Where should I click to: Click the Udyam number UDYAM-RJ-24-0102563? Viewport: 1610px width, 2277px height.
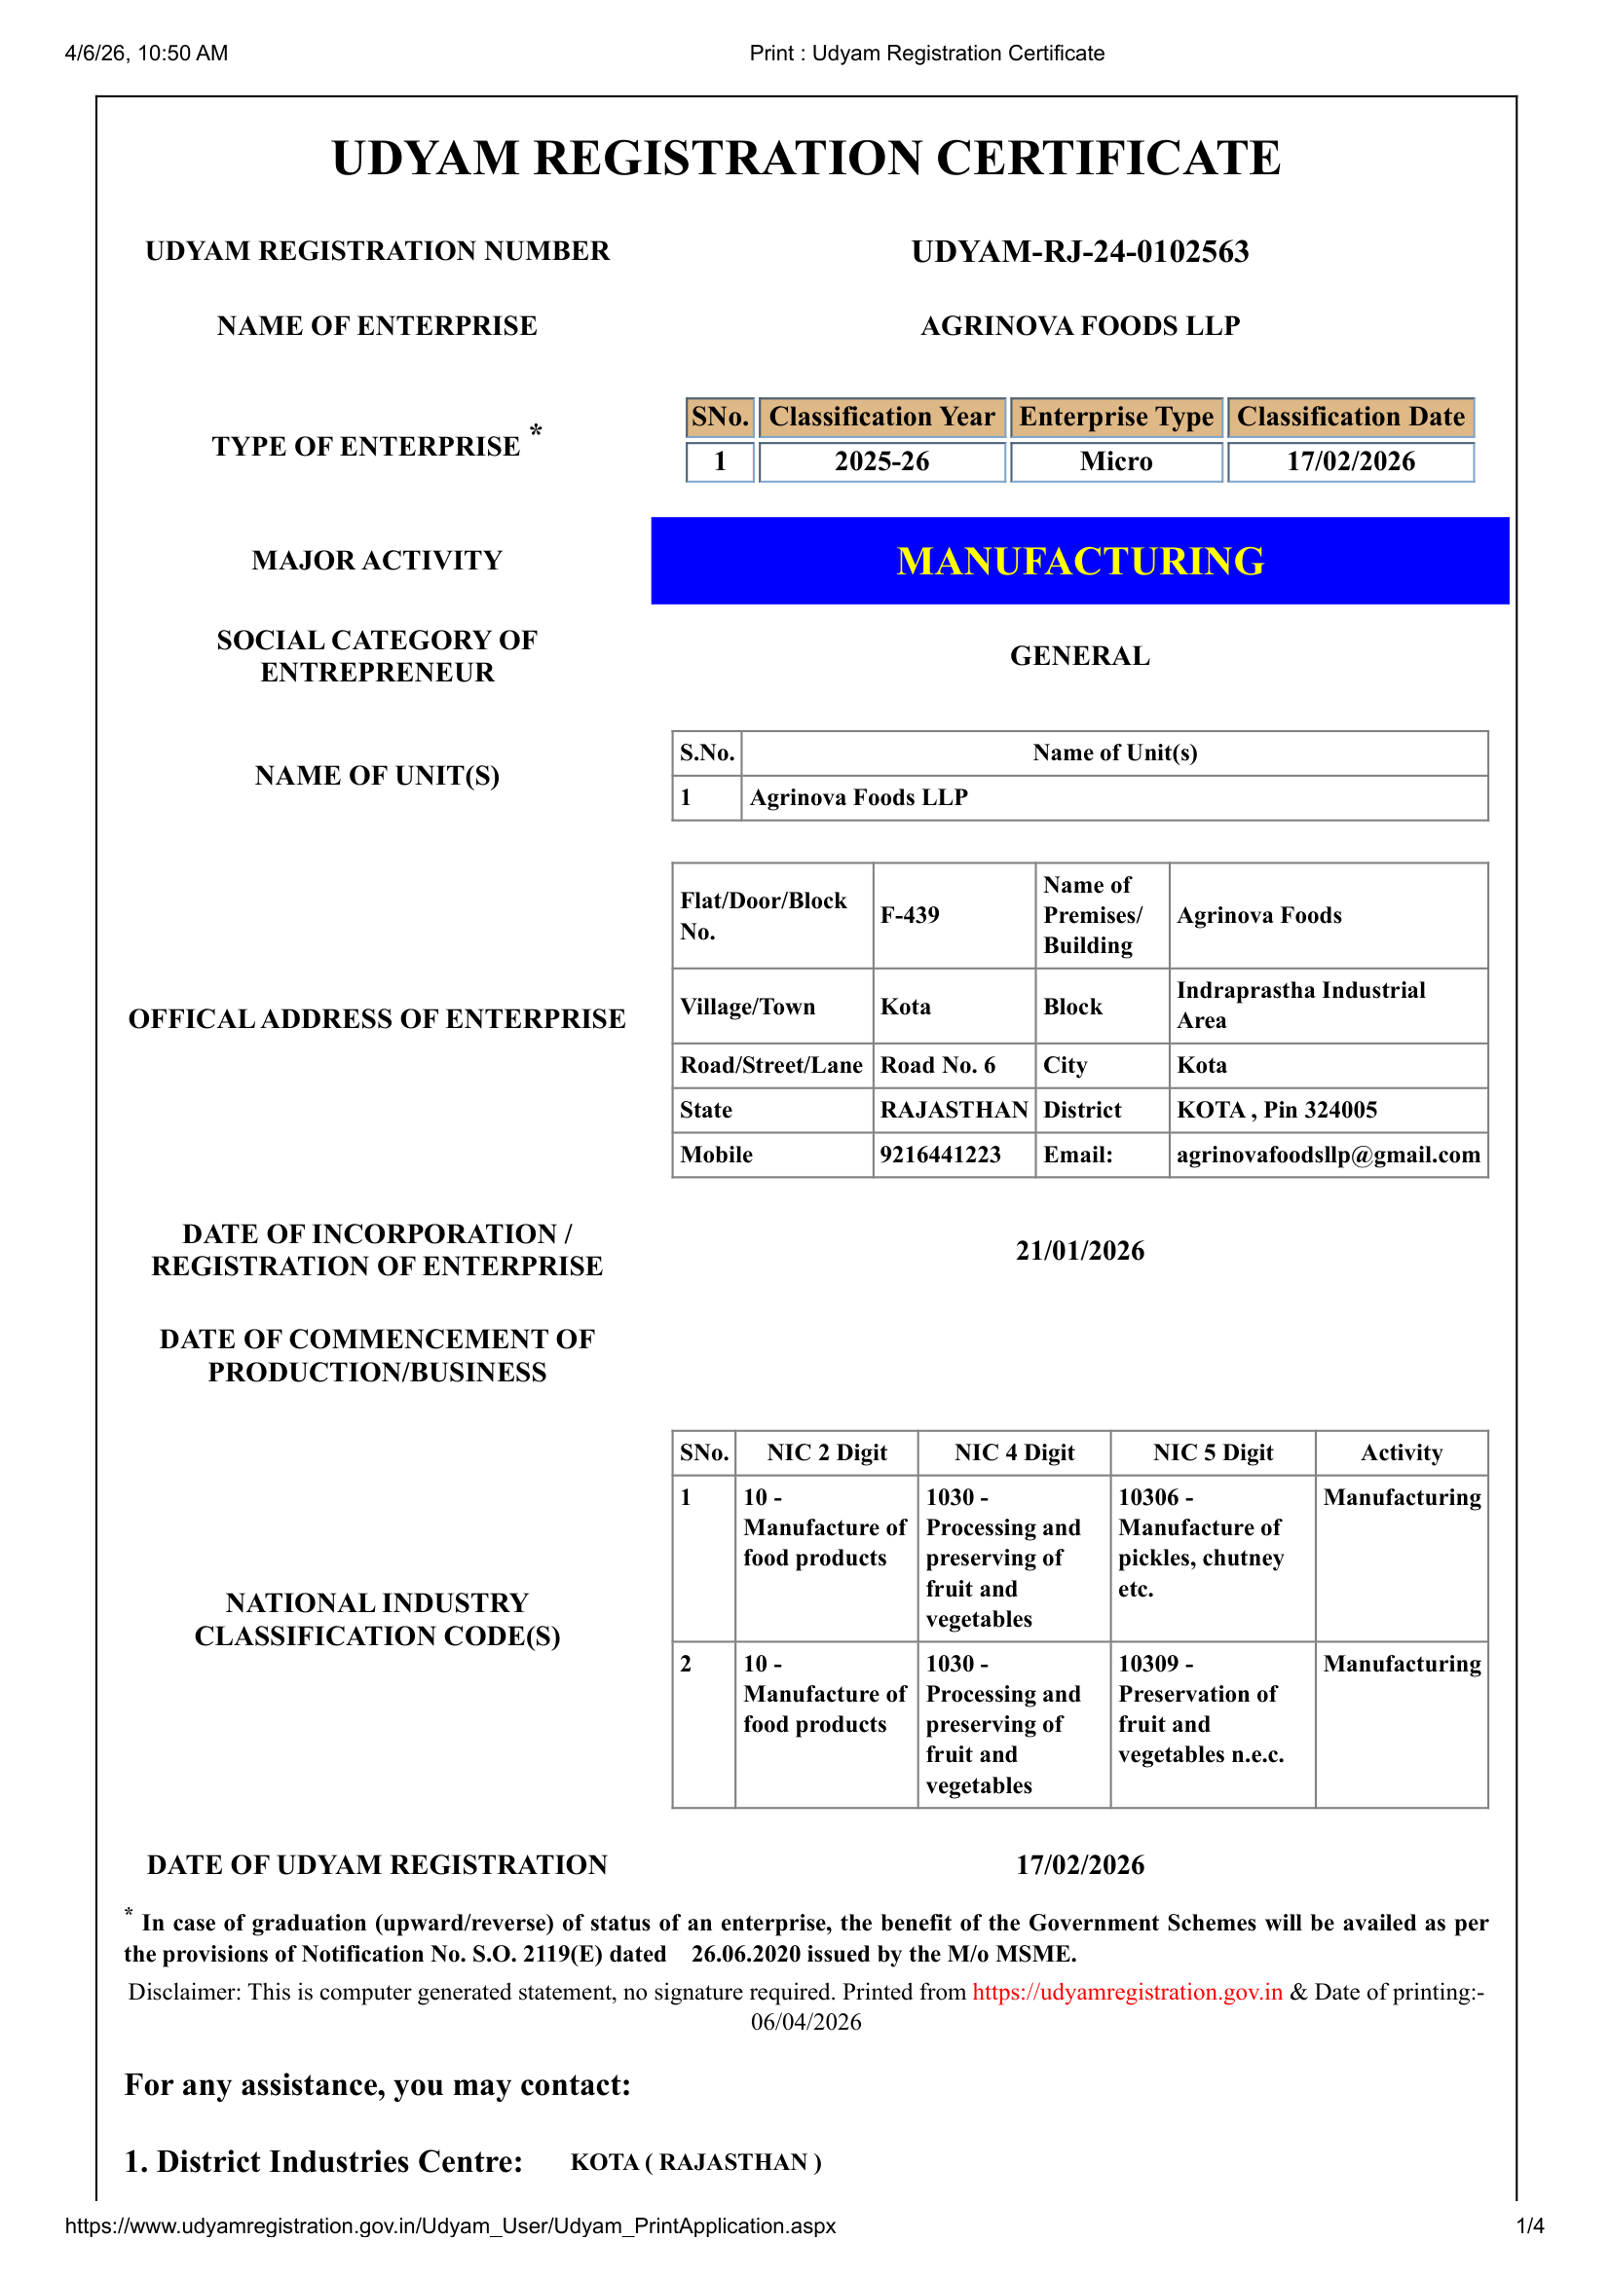pyautogui.click(x=1079, y=252)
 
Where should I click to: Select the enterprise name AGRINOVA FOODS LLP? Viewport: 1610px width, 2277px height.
pyautogui.click(x=1079, y=326)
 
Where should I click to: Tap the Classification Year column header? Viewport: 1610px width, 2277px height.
pyautogui.click(x=880, y=418)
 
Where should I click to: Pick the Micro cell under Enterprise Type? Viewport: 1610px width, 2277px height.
pyautogui.click(x=1116, y=462)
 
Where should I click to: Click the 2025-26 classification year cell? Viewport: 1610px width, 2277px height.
pyautogui.click(x=880, y=462)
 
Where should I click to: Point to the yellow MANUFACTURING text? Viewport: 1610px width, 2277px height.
pyautogui.click(x=1079, y=562)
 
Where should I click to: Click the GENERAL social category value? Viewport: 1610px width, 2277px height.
pyautogui.click(x=1079, y=656)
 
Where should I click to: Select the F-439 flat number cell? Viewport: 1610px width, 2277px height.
pyautogui.click(x=910, y=915)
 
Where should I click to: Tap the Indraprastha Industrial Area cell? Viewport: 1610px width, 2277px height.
pyautogui.click(x=1299, y=1006)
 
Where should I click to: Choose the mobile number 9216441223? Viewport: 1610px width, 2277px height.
pyautogui.click(x=941, y=1155)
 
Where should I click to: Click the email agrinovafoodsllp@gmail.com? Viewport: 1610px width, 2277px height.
pyautogui.click(x=1328, y=1155)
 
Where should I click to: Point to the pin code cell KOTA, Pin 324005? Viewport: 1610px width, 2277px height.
pyautogui.click(x=1277, y=1110)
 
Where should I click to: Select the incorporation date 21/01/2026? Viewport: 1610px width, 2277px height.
pyautogui.click(x=1079, y=1251)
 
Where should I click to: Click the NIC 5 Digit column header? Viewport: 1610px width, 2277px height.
pyautogui.click(x=1213, y=1452)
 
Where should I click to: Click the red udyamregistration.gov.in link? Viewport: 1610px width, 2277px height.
pyautogui.click(x=1127, y=1993)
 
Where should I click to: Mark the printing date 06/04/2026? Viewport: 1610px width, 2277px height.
pyautogui.click(x=805, y=2022)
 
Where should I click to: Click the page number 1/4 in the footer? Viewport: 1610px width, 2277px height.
pyautogui.click(x=1530, y=2226)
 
